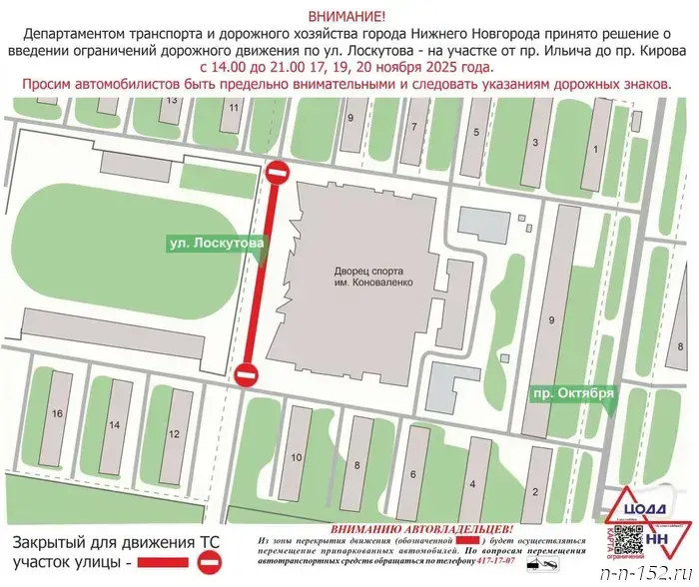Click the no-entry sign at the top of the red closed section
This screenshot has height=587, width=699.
click(278, 174)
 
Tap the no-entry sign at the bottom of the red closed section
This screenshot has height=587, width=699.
click(246, 375)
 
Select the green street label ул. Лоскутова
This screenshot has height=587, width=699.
click(216, 243)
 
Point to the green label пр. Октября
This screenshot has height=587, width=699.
click(572, 391)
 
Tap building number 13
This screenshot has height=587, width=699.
click(172, 101)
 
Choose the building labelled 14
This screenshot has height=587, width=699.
click(115, 425)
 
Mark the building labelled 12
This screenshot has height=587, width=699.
click(174, 433)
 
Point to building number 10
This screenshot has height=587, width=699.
click(296, 456)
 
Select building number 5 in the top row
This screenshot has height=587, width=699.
click(476, 131)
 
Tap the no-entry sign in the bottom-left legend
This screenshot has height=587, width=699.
click(209, 565)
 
